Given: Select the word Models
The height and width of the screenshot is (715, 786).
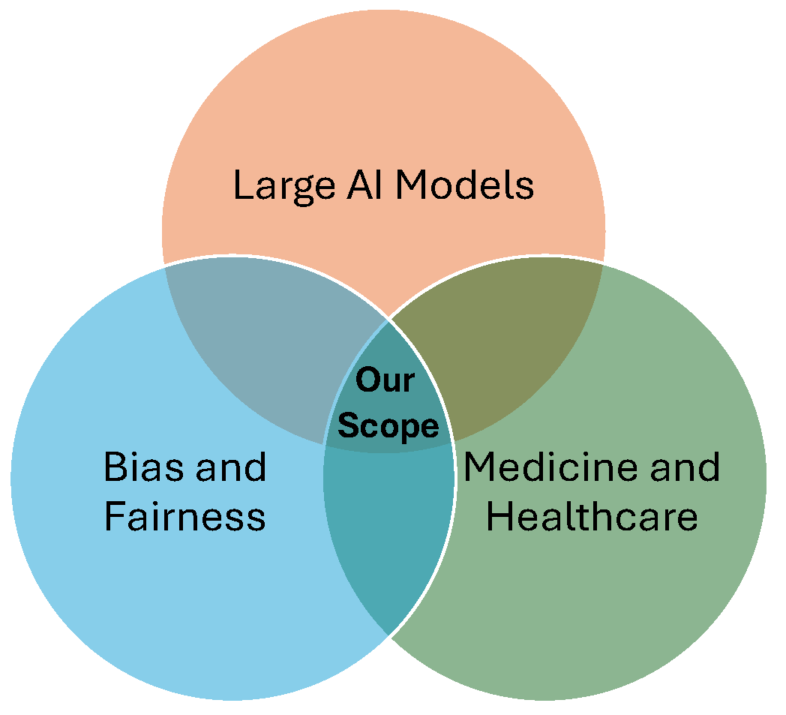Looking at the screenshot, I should pyautogui.click(x=465, y=185).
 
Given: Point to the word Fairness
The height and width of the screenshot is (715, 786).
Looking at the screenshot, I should pyautogui.click(x=184, y=516).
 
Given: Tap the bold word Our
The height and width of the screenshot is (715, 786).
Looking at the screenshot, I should pyautogui.click(x=384, y=380).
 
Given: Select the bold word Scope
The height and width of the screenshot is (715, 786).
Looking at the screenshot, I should pyautogui.click(x=388, y=426).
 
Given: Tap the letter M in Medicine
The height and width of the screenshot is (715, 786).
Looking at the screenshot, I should pyautogui.click(x=480, y=467).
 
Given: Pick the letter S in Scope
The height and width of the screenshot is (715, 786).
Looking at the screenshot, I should pyautogui.click(x=347, y=426).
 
